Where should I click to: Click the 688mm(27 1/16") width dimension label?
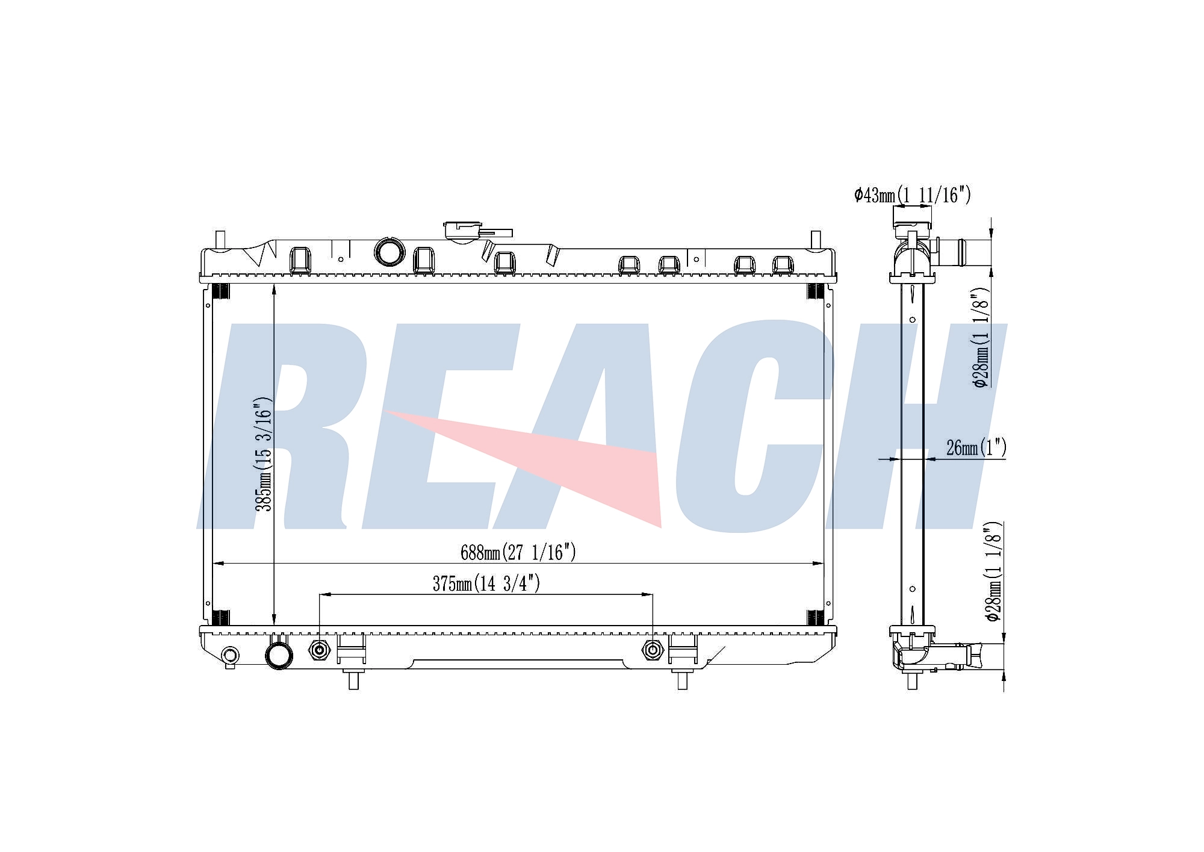click(x=518, y=552)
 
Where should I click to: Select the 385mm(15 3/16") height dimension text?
click(x=264, y=454)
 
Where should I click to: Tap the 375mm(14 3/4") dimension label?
click(x=486, y=583)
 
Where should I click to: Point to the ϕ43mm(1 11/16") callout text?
click(x=913, y=194)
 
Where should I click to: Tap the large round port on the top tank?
click(x=389, y=252)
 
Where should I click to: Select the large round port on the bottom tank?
click(x=279, y=655)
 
